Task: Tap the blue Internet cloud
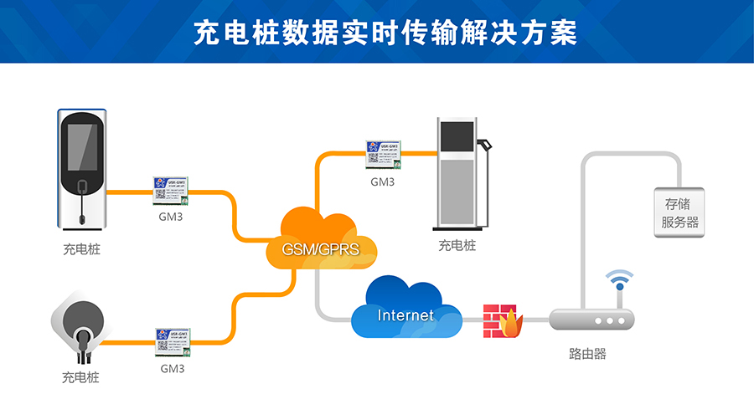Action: [405, 309]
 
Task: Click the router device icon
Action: [591, 320]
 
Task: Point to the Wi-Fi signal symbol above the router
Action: [620, 280]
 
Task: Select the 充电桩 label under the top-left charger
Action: [81, 248]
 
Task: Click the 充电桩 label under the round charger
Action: [80, 376]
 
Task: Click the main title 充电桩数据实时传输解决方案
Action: [376, 32]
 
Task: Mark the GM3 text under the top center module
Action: [383, 180]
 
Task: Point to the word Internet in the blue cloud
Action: [405, 315]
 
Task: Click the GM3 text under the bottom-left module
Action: [173, 367]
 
